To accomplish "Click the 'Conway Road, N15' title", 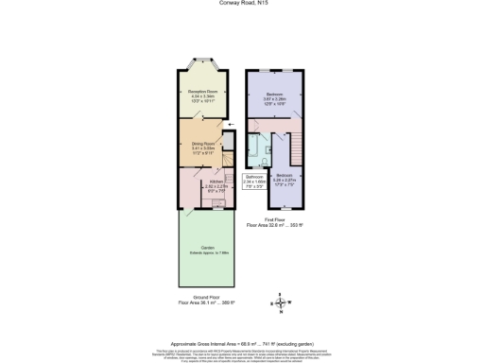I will coord(242,4).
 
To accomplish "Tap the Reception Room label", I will coord(199,94).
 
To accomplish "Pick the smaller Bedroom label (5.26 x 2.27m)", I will coord(285,180).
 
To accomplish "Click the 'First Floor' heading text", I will coord(274,219).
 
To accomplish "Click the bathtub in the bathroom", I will coord(253,149).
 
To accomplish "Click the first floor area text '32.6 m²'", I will coord(273,226).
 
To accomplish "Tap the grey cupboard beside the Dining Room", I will coord(227,141).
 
